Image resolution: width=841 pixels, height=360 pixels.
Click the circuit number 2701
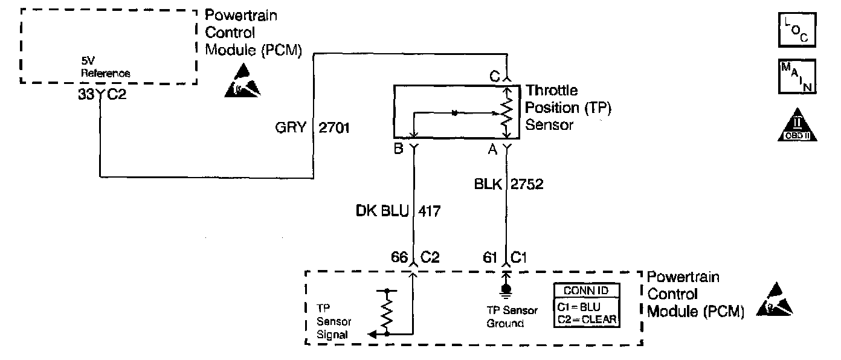point(333,129)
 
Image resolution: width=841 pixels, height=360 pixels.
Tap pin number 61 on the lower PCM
point(490,257)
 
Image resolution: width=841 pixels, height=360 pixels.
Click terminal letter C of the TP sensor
point(495,77)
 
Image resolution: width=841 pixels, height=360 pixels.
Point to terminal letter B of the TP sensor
point(399,149)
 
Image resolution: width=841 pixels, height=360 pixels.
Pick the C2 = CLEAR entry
point(586,318)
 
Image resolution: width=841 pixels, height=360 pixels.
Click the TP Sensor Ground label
point(512,317)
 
